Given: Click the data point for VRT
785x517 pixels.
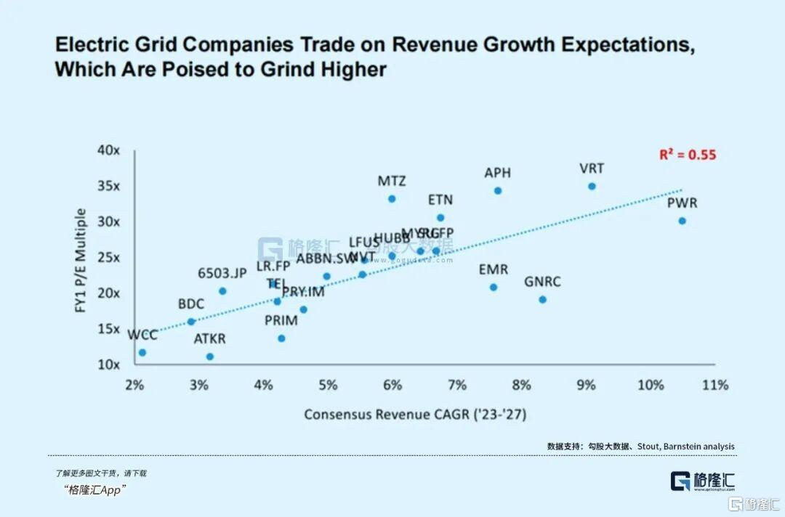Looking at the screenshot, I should point(592,187).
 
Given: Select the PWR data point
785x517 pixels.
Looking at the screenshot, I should point(682,221).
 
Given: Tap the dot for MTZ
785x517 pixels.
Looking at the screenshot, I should point(392,198).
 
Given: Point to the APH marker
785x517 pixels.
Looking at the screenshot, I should point(498,191).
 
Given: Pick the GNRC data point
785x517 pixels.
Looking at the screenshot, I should point(542,299).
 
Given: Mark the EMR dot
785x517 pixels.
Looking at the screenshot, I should point(494,287).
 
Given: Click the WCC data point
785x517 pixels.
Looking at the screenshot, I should point(142,352).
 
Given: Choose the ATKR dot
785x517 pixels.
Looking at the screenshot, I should point(210,357).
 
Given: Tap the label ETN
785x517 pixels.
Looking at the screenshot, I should point(440,200).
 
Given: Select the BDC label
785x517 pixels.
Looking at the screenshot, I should point(191,304).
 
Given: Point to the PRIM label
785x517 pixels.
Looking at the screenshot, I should point(281,320).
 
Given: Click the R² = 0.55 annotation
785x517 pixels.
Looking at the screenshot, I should point(688,155).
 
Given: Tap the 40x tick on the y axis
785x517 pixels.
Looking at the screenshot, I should point(108,150).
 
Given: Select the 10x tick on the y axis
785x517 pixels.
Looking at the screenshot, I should point(108,364).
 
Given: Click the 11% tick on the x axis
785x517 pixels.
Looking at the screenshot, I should point(715,385).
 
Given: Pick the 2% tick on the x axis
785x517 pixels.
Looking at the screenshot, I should point(134,385).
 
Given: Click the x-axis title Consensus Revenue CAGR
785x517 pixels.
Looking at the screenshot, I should point(414,415).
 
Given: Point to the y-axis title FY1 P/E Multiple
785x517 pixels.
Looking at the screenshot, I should point(81,261).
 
